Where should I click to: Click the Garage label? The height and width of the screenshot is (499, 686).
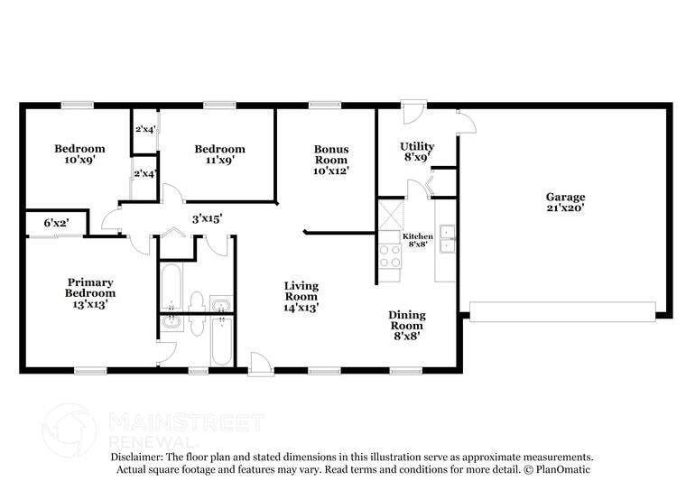(565, 202)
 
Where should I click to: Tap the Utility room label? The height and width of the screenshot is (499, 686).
(417, 152)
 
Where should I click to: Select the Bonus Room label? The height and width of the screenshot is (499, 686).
(331, 160)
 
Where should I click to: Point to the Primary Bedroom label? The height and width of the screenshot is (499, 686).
(90, 293)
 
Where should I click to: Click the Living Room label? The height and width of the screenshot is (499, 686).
(301, 297)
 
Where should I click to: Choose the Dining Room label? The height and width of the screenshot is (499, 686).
(407, 326)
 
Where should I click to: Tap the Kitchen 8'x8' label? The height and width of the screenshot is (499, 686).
(418, 240)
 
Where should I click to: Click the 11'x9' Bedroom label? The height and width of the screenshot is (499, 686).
(220, 154)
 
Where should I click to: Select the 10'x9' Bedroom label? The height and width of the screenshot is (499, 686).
(79, 154)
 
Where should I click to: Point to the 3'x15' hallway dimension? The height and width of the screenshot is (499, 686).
(208, 218)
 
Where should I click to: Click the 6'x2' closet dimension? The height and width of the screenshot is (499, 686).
(57, 223)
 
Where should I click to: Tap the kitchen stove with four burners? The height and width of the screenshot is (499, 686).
(389, 256)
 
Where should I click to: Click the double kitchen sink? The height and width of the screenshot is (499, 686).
(448, 239)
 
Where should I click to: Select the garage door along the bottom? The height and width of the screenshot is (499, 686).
(562, 311)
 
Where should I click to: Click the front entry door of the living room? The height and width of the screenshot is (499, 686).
(261, 364)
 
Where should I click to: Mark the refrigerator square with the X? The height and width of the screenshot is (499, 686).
(391, 214)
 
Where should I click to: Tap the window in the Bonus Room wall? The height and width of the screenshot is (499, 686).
(325, 105)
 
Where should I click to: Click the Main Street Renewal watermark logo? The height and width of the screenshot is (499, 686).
(70, 430)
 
